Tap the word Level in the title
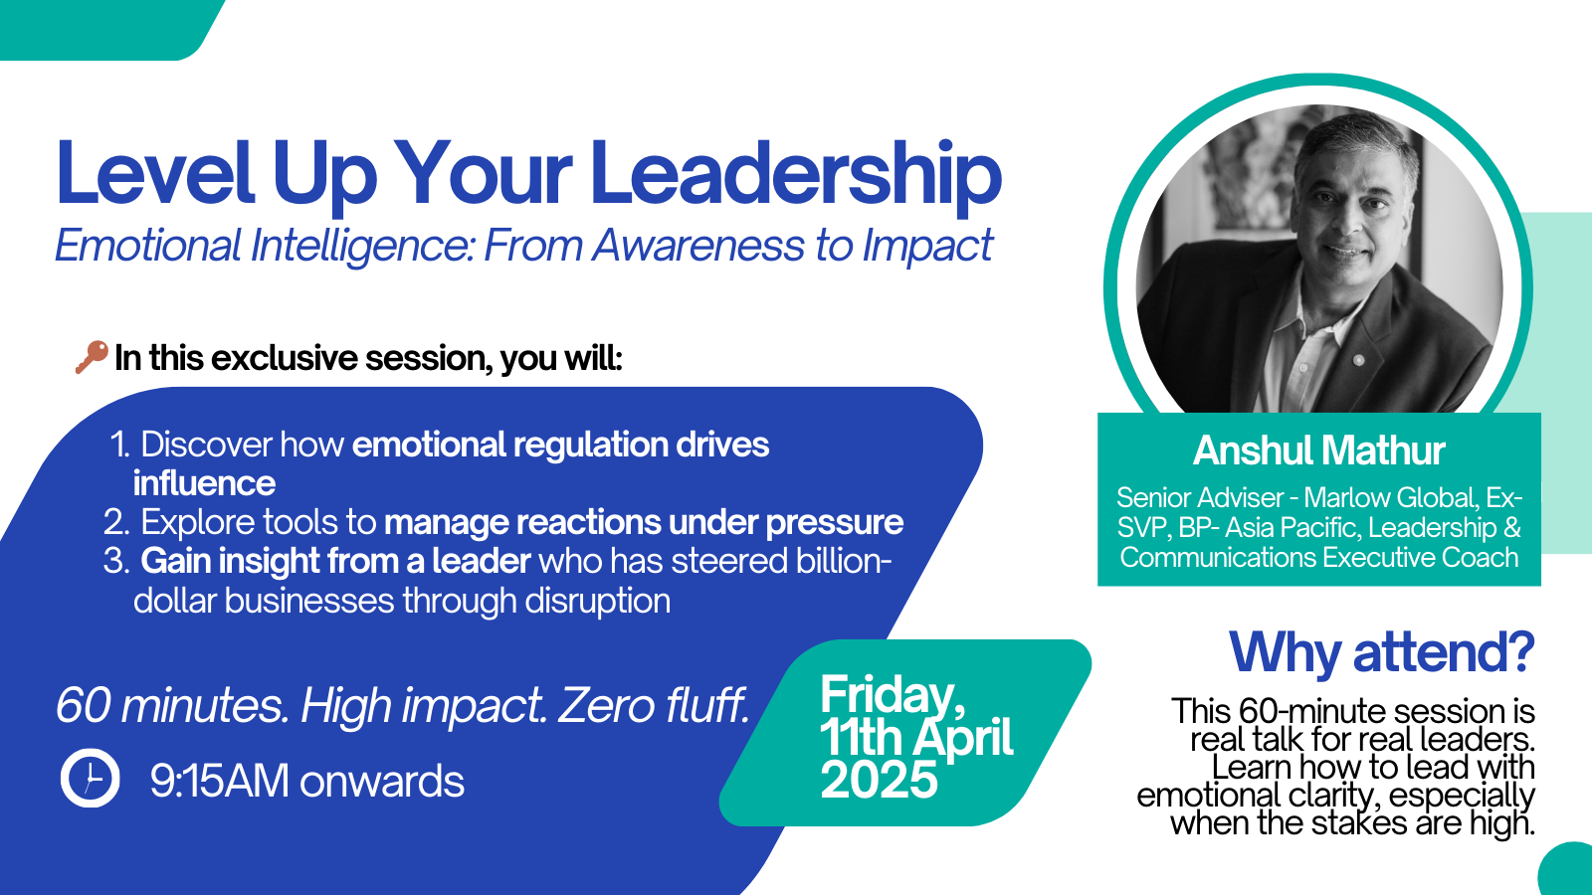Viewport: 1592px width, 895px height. click(x=155, y=174)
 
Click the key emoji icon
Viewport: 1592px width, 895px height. click(x=91, y=356)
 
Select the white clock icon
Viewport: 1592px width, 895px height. click(x=91, y=778)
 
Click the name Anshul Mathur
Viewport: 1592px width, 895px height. click(x=1318, y=450)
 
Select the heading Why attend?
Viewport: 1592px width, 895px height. click(x=1381, y=653)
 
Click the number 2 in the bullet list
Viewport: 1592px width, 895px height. click(x=115, y=522)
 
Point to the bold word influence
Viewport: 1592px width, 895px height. click(x=204, y=483)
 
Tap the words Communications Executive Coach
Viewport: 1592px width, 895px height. click(x=1318, y=557)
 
